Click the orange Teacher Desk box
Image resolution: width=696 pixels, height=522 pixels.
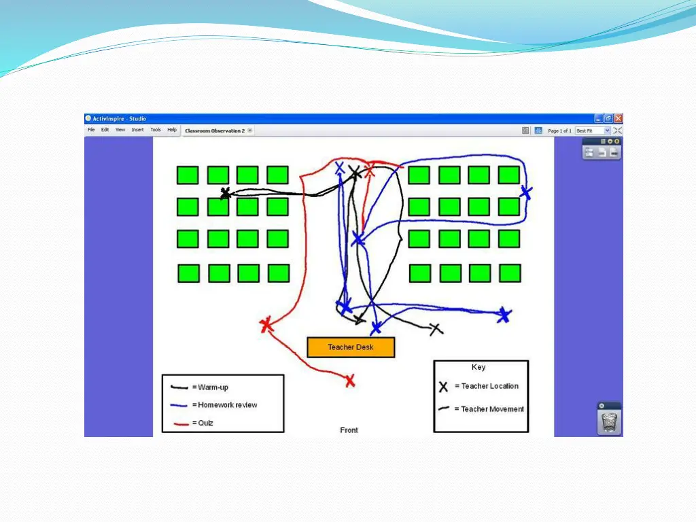[x=351, y=347]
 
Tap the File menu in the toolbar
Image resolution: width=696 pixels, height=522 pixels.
[x=91, y=130]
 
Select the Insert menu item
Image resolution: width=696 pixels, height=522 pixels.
[x=137, y=130]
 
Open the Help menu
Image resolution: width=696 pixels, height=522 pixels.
[x=172, y=130]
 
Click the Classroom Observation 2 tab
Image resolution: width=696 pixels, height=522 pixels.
[x=215, y=130]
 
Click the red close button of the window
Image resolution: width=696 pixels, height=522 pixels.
[x=618, y=118]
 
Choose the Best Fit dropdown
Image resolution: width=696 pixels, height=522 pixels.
[x=592, y=130]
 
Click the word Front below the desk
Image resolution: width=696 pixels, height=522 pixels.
[x=349, y=430]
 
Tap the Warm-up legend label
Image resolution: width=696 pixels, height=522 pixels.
[x=213, y=387]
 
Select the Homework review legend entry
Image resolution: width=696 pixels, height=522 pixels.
[x=228, y=405]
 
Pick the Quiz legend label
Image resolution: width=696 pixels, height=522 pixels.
[x=205, y=423]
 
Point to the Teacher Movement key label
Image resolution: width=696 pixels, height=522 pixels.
[x=493, y=409]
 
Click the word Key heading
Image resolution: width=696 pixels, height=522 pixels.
[x=478, y=367]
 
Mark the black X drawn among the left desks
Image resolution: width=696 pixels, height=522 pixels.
[x=225, y=194]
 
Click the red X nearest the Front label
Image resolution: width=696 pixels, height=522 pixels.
[x=350, y=381]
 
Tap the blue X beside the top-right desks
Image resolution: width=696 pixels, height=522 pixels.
[x=525, y=192]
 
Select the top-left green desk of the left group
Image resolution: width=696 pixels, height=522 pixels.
[x=187, y=175]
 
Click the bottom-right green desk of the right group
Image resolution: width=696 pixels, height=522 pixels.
[x=510, y=273]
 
